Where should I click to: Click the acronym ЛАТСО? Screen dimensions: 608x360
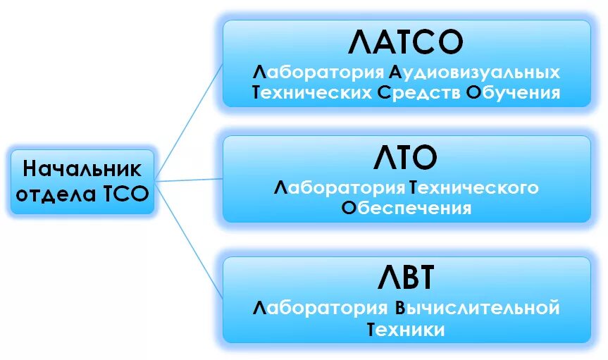click(x=407, y=43)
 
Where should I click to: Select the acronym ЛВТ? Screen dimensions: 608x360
click(x=407, y=279)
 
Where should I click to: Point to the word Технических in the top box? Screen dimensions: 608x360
click(x=311, y=93)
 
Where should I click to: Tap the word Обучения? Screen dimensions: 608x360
click(x=514, y=93)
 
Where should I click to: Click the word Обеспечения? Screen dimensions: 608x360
click(x=406, y=208)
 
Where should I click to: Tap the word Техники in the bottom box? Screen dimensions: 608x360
click(x=406, y=329)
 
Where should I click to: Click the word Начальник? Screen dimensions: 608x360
click(x=82, y=170)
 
